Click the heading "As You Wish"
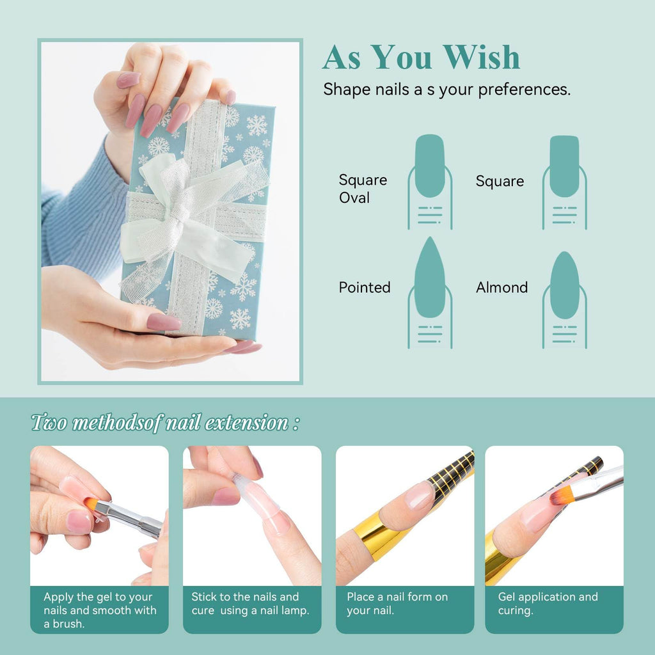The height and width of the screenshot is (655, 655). point(421,58)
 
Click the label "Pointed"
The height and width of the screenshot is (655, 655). point(365,288)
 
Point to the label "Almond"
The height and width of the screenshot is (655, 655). point(501,288)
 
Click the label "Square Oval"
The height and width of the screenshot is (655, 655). point(363,189)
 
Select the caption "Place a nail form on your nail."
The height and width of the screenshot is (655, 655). point(397,603)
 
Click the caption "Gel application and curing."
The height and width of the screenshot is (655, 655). point(548,603)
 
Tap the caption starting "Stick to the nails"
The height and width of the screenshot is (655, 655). point(250,603)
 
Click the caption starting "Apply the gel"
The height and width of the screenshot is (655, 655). point(99,610)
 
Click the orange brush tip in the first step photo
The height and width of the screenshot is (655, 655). point(91,505)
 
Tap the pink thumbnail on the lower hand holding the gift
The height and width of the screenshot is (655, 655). point(163,322)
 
